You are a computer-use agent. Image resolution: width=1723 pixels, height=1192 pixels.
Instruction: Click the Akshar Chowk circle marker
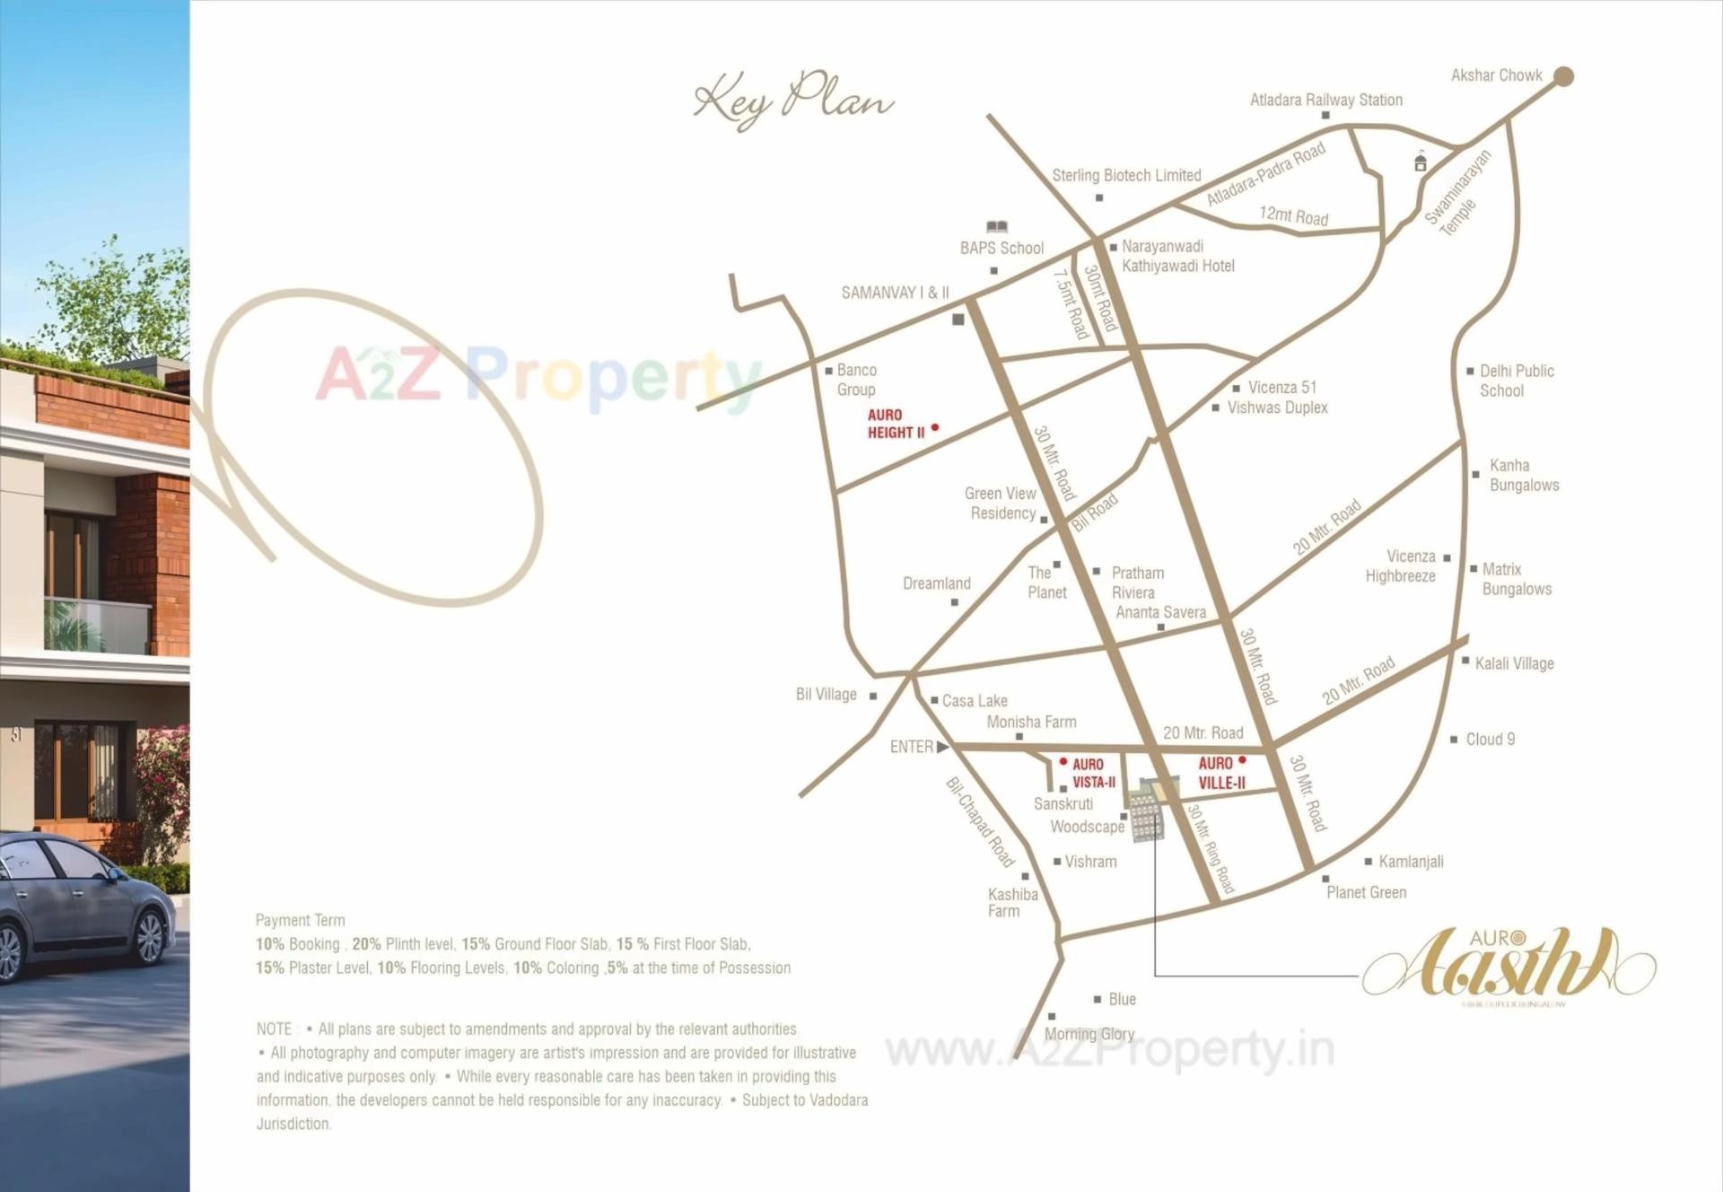1563,76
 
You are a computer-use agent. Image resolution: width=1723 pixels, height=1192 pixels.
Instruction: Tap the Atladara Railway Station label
1325,100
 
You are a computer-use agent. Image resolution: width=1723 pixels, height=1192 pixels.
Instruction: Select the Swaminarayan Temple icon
1420,162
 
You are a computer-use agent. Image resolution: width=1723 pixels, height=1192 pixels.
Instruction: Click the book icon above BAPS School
996,227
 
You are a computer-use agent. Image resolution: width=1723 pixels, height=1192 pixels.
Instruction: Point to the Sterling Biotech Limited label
1126,176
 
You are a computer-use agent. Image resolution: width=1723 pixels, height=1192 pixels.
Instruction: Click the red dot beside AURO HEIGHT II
934,428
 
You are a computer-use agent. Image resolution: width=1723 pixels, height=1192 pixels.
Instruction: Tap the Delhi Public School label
1516,381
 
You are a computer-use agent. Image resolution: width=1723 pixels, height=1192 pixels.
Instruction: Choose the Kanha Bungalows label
1524,475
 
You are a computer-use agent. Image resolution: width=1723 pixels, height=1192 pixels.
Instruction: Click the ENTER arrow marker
942,747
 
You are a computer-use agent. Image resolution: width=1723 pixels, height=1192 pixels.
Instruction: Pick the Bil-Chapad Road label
980,822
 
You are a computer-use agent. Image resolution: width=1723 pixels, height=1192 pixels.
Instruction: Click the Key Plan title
793,101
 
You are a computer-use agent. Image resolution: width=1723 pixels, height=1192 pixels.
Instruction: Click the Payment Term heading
300,920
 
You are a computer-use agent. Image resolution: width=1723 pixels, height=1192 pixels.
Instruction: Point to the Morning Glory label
1089,1034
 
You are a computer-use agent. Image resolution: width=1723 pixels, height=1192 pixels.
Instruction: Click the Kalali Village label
1514,664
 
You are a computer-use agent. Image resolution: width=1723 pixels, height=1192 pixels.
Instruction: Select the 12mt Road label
1293,216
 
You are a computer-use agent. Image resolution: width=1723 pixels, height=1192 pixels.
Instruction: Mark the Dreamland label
936,583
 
